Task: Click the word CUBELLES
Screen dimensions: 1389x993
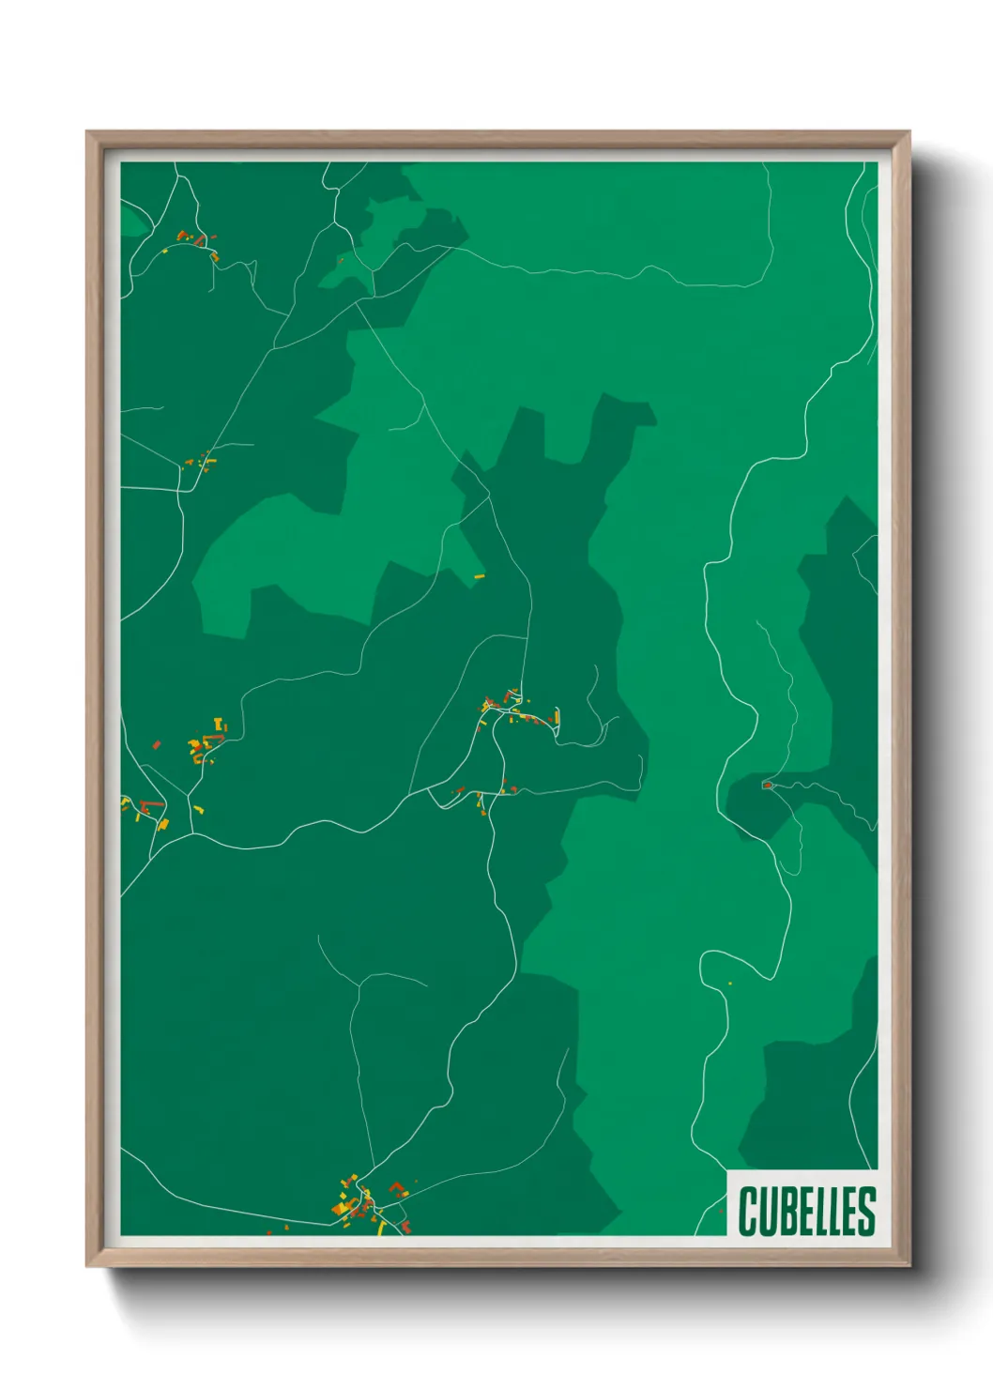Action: pos(806,1211)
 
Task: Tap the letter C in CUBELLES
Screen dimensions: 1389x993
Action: pos(748,1211)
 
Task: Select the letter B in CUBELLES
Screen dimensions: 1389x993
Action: pos(786,1211)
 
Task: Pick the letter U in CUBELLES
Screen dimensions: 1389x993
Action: pos(767,1211)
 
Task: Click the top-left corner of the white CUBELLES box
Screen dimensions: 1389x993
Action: pos(727,1170)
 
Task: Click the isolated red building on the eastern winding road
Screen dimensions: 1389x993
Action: pos(767,785)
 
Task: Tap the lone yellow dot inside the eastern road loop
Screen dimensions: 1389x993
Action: pos(729,983)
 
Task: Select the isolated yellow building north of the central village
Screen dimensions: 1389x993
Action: pos(479,575)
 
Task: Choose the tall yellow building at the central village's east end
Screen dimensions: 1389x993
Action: pos(558,718)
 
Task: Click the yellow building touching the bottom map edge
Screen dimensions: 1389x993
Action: pos(381,1229)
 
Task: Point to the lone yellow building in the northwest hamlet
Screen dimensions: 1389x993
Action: pos(166,251)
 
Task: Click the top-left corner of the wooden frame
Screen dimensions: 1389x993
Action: pos(87,132)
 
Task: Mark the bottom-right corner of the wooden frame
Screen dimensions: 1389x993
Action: pos(909,1266)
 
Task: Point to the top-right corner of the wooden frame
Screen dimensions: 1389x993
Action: pos(909,132)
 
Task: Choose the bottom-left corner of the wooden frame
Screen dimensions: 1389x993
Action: pos(87,1266)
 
